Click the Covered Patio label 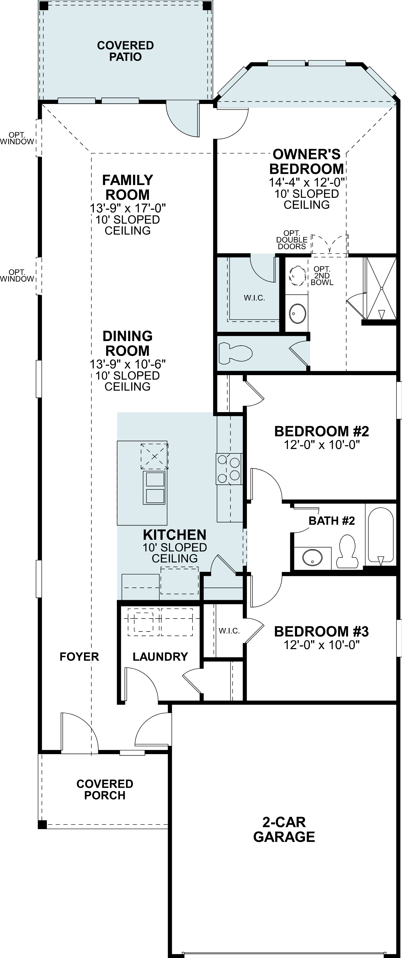[x=125, y=51]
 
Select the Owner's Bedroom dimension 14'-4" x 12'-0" [x=307, y=182]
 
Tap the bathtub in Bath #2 [x=380, y=535]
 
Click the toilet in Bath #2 [x=347, y=551]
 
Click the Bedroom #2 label [x=322, y=431]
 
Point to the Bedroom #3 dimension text [x=322, y=645]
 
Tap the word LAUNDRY [x=160, y=657]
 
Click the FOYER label [x=79, y=657]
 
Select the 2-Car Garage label [x=284, y=829]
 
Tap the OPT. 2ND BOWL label [x=322, y=275]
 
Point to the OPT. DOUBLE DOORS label [x=292, y=240]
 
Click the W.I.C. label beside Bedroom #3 [x=229, y=631]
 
